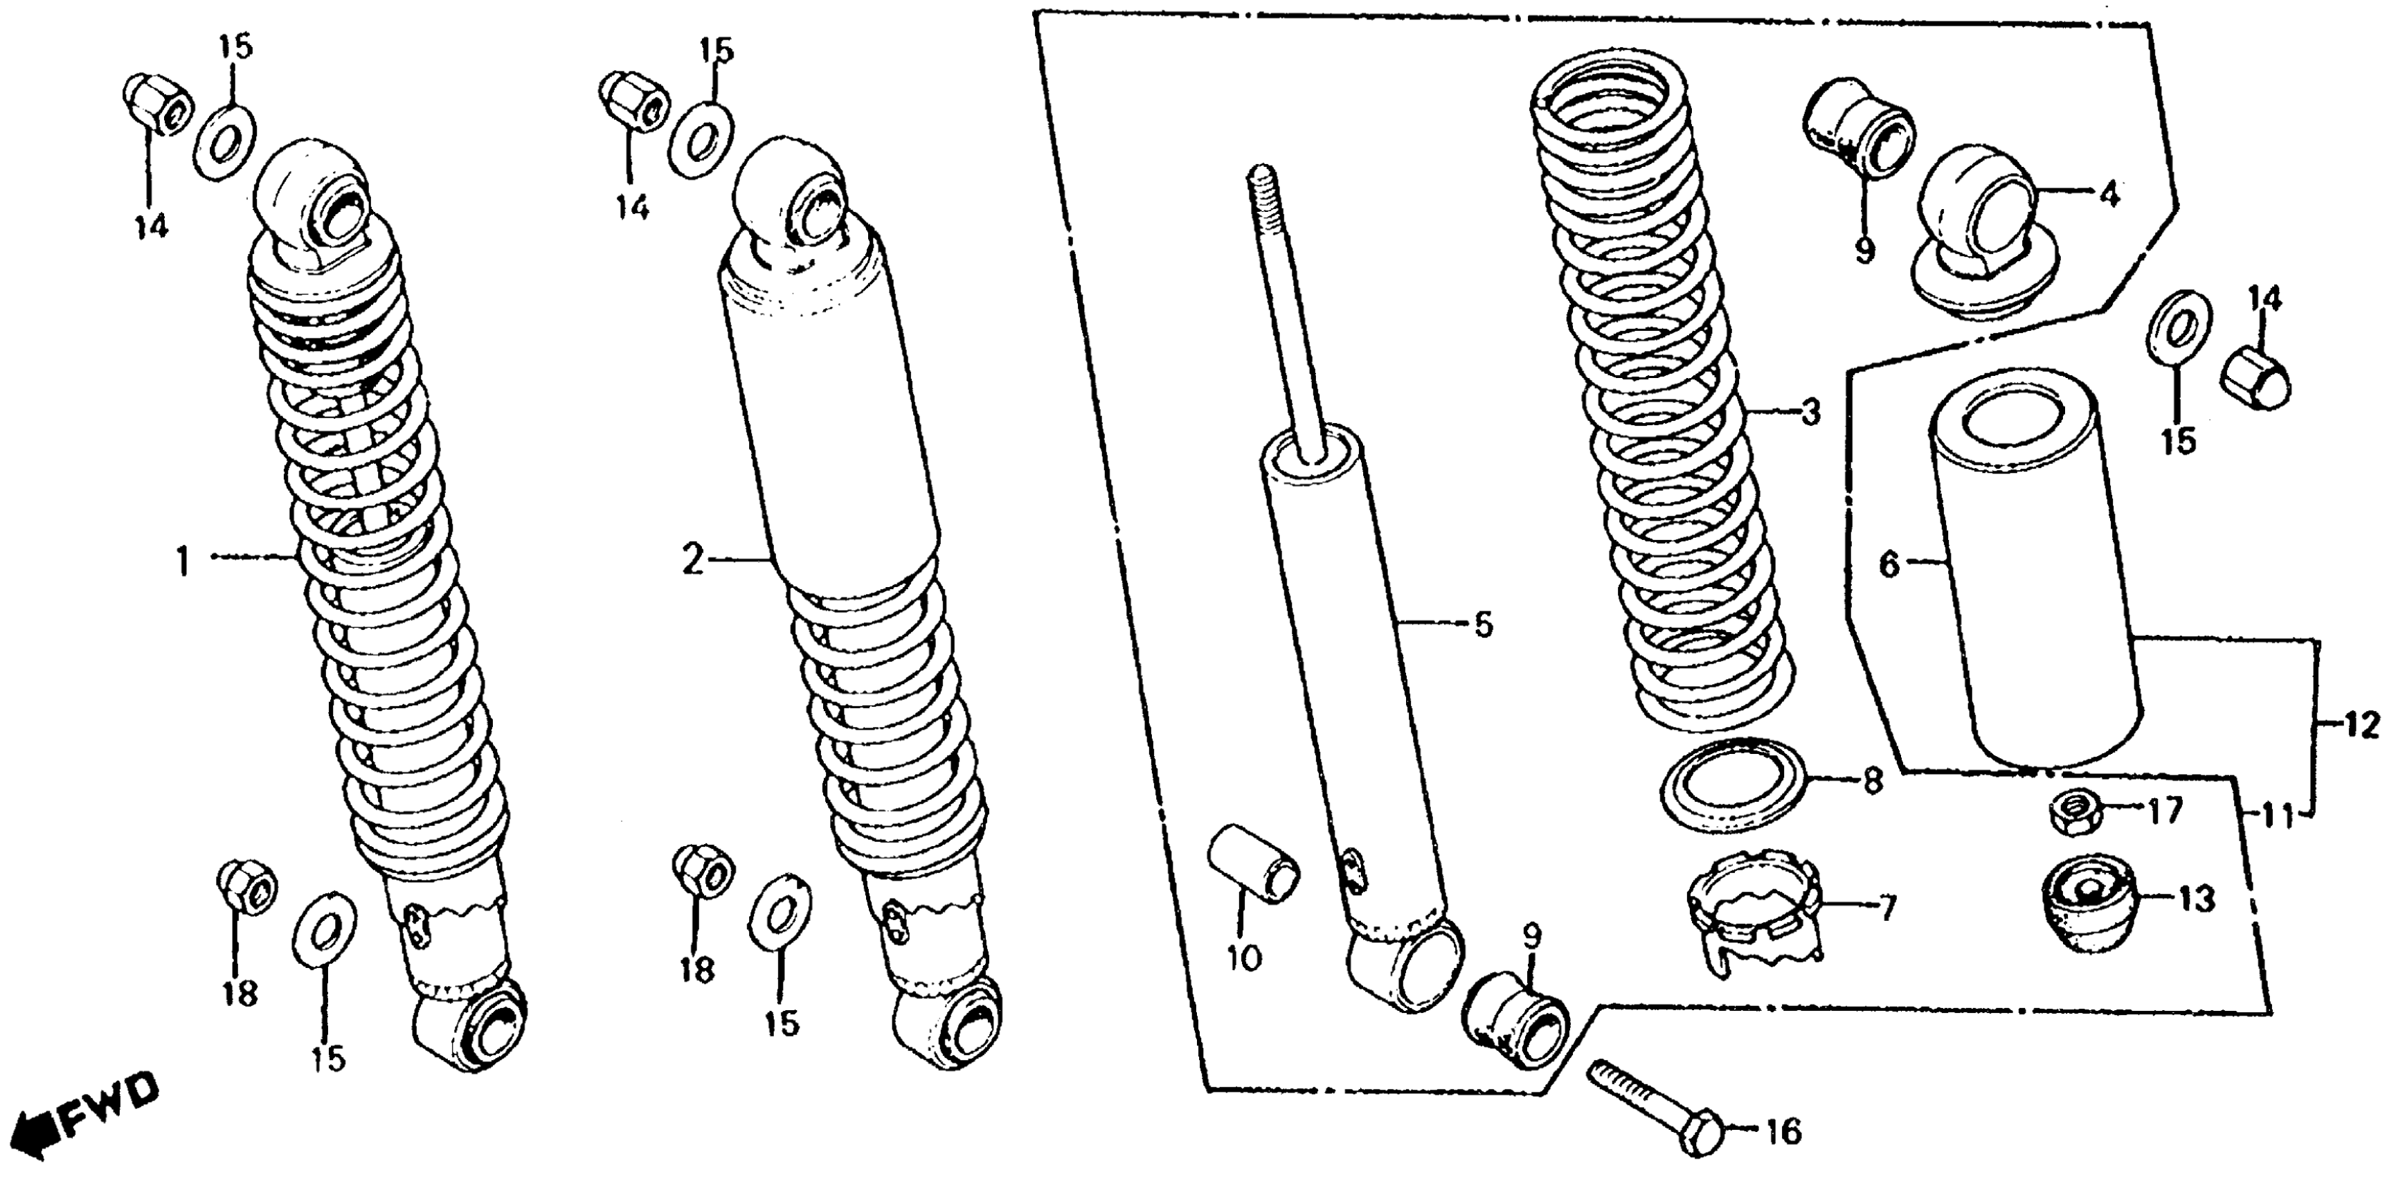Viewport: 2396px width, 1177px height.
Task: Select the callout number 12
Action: click(2363, 725)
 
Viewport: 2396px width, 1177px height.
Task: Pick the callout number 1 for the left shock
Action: click(183, 562)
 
